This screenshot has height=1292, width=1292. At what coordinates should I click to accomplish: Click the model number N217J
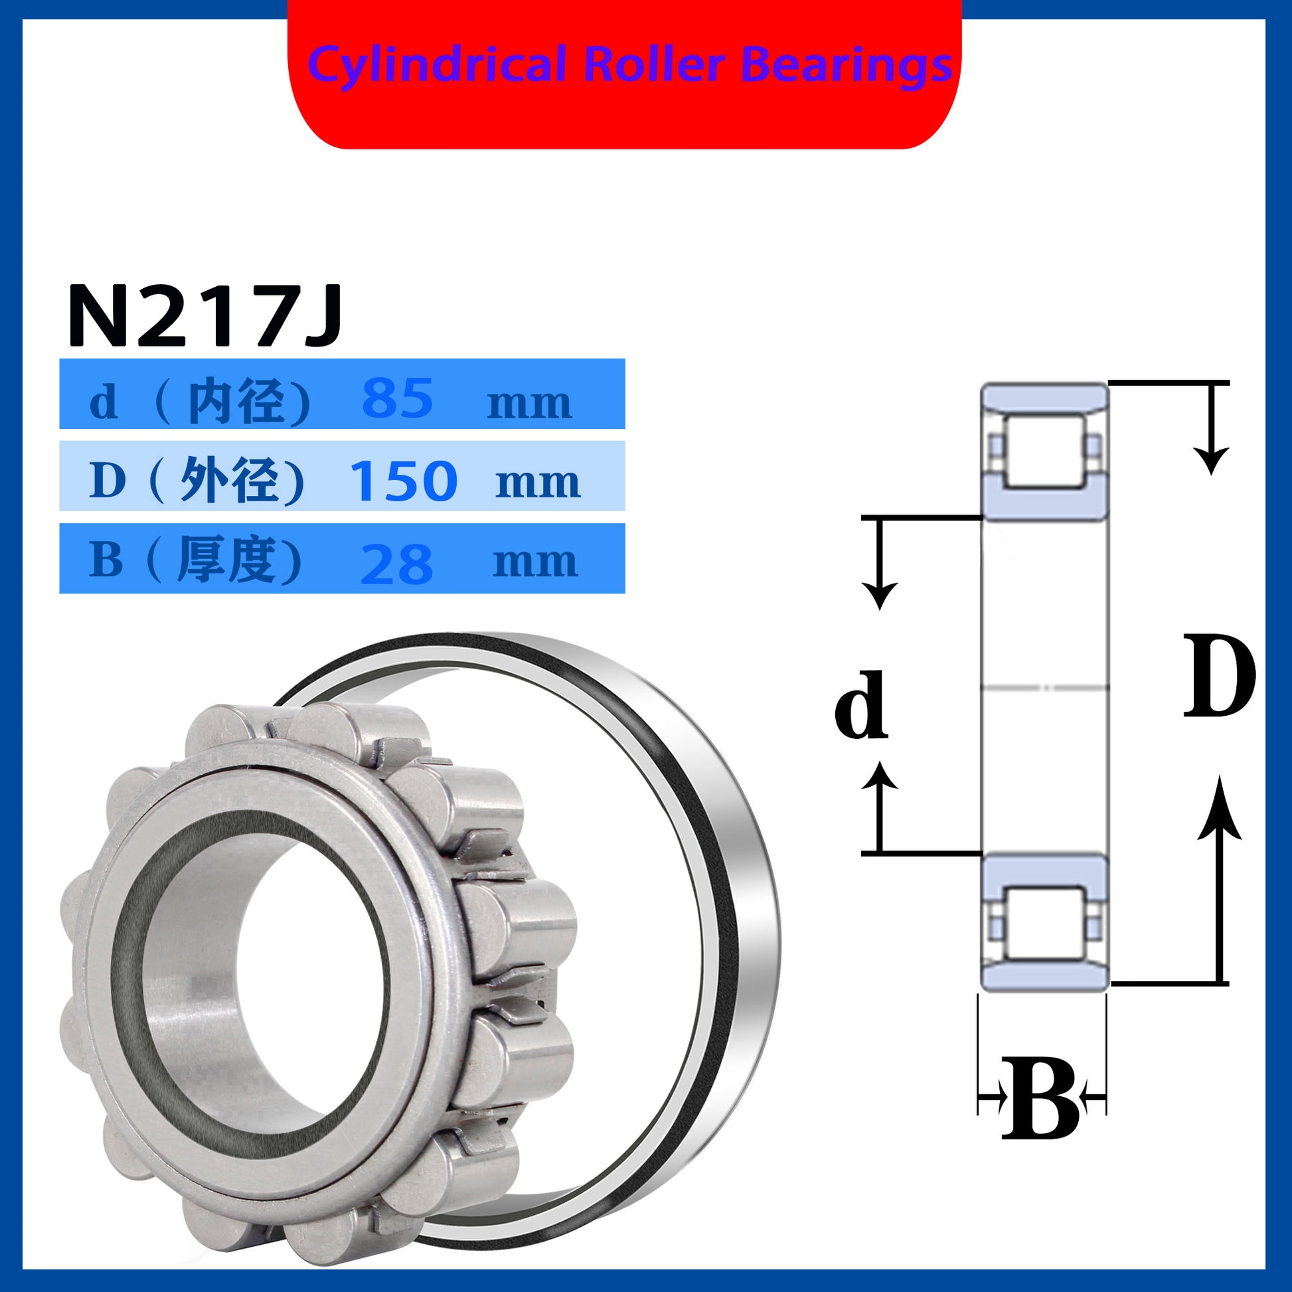(205, 314)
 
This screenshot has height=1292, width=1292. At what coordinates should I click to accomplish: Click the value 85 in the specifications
(397, 398)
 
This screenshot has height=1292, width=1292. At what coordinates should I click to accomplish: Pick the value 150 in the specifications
(404, 481)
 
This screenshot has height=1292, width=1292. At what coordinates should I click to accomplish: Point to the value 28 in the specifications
(396, 564)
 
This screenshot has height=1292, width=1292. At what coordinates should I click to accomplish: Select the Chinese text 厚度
(226, 560)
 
